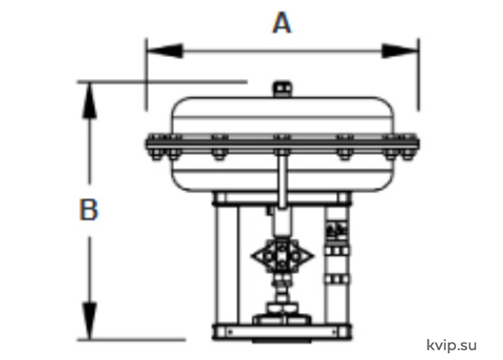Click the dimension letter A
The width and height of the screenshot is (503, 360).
point(282,23)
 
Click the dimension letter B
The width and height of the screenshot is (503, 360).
point(89,210)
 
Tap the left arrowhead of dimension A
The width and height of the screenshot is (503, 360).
point(165,50)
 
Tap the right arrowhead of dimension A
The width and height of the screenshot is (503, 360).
point(400,50)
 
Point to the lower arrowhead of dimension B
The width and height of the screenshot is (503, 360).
point(90,321)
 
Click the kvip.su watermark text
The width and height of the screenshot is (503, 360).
point(451,346)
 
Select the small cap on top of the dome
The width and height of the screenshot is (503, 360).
point(283,89)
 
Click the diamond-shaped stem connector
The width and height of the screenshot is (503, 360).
point(282,256)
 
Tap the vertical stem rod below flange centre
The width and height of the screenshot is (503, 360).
point(282,180)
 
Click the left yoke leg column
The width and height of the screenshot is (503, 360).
point(226,264)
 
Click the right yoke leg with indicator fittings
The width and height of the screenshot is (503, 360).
point(337,264)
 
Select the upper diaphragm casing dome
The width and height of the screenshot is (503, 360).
point(283,116)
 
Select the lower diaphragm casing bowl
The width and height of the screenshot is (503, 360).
point(283,174)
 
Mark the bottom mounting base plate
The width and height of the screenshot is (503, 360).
point(282,331)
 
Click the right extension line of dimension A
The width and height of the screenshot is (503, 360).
point(418,75)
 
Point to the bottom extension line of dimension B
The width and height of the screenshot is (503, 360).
point(132,339)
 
